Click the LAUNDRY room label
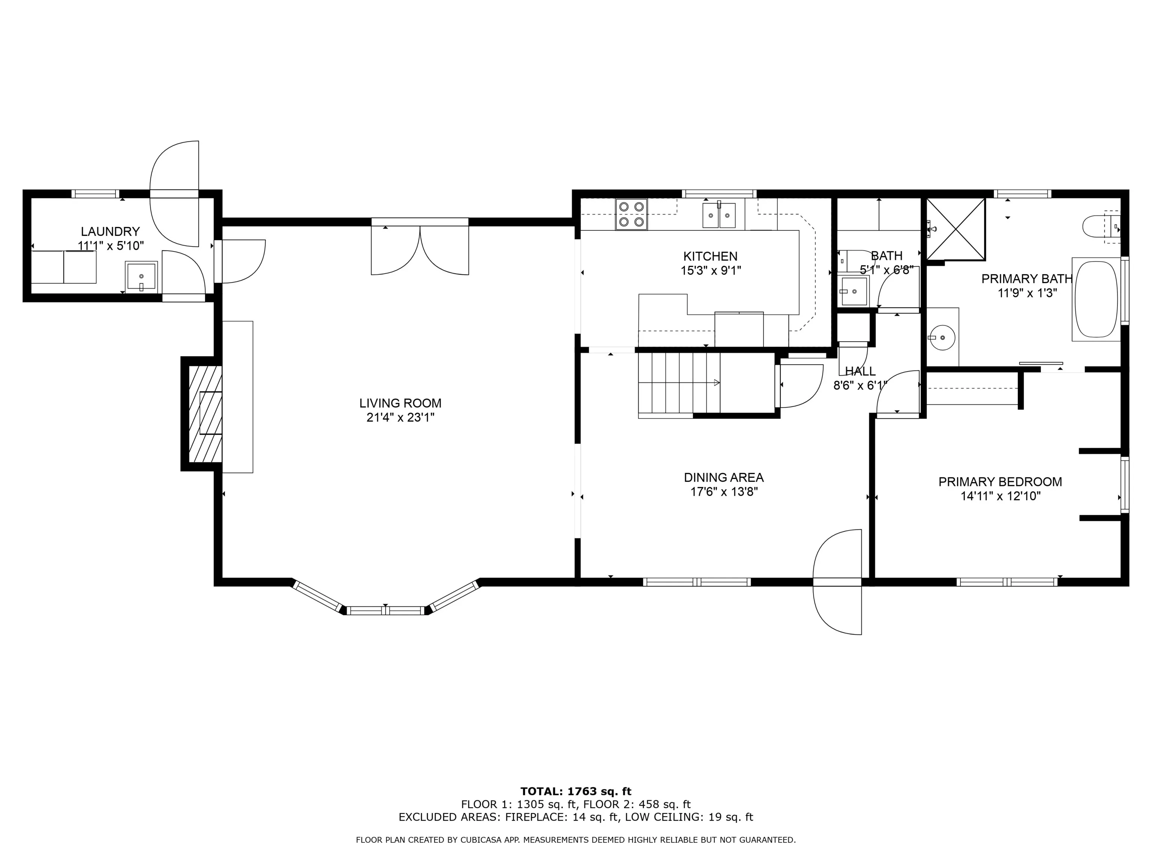(x=110, y=232)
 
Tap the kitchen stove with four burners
(x=631, y=214)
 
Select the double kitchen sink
(x=719, y=216)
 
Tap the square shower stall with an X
(x=956, y=229)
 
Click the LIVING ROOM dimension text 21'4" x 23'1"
(x=400, y=417)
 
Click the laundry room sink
(x=141, y=276)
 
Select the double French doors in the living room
(x=420, y=246)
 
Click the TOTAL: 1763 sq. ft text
(x=576, y=792)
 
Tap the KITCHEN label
(x=710, y=256)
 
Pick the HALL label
(x=860, y=371)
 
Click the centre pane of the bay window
(x=386, y=611)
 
